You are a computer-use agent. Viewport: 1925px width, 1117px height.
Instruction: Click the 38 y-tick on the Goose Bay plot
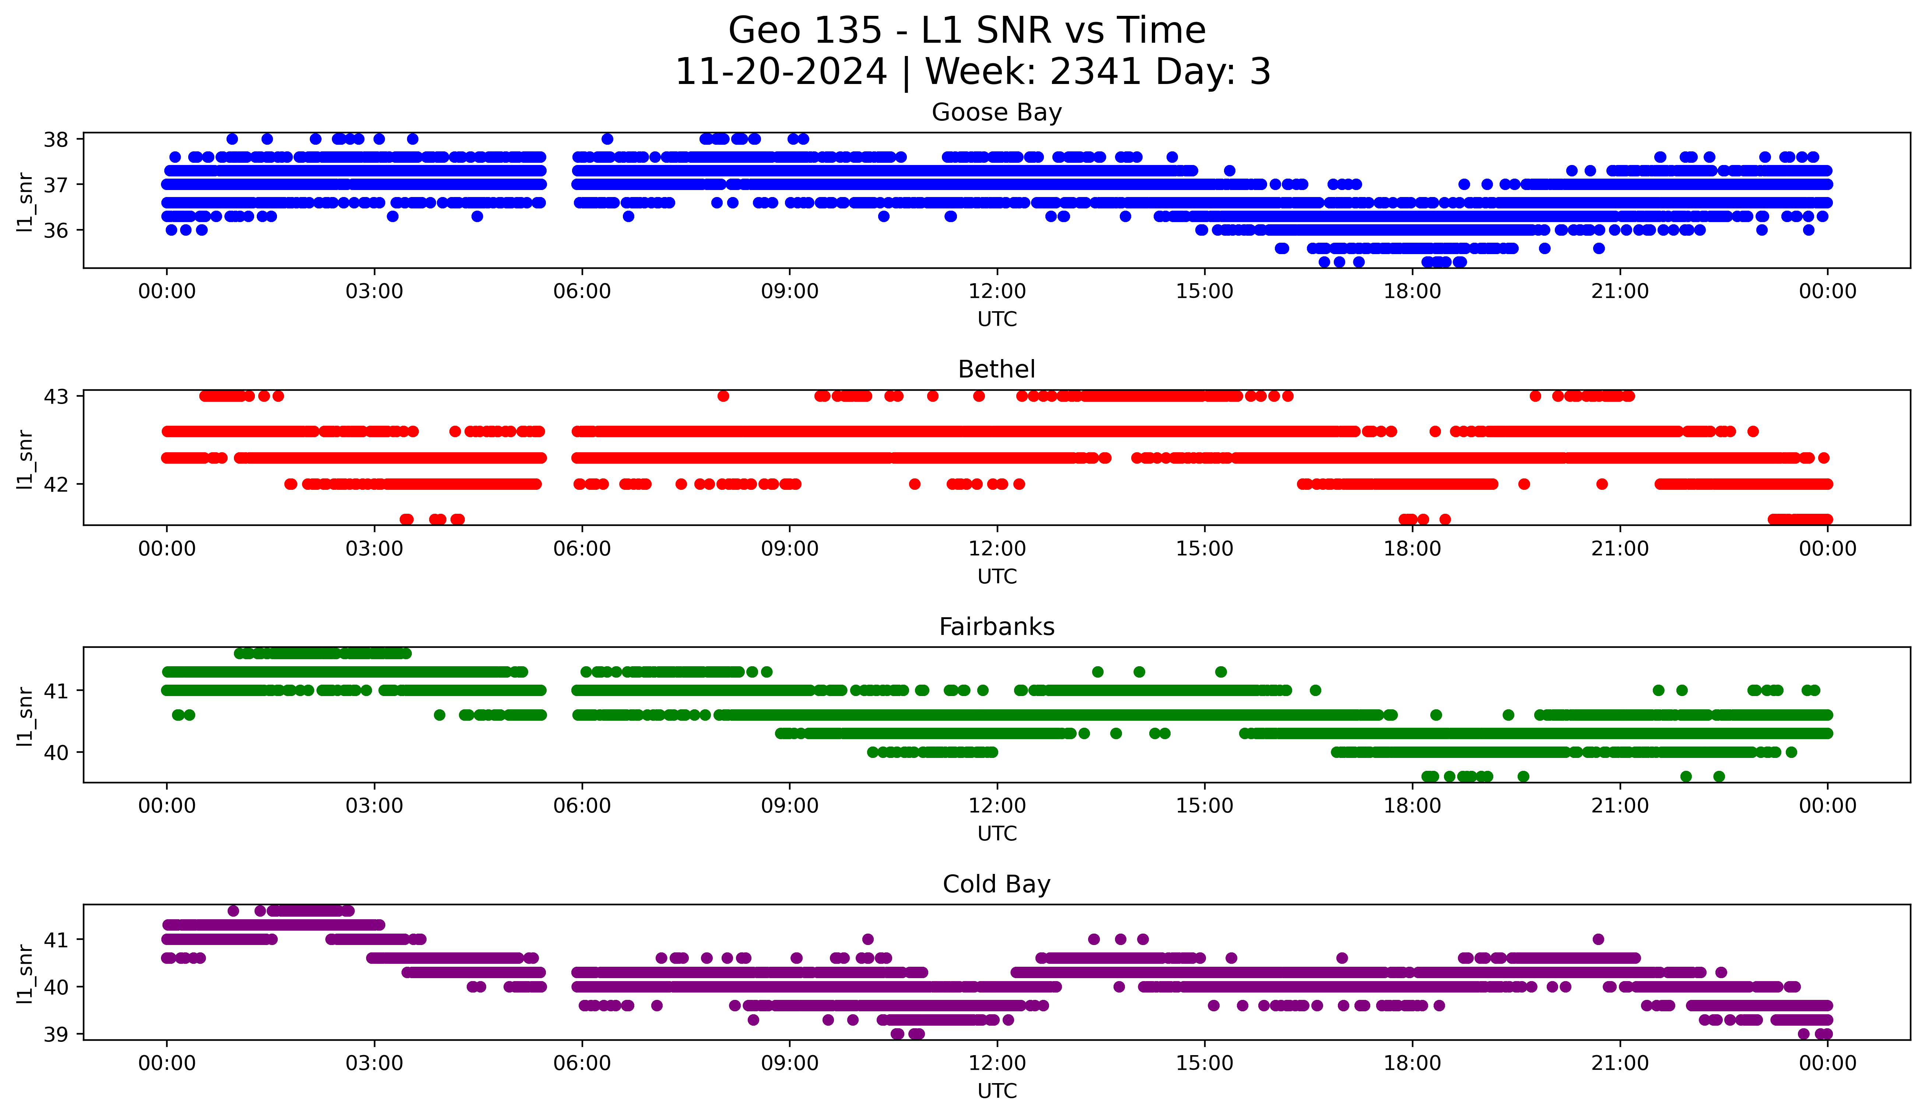tap(56, 139)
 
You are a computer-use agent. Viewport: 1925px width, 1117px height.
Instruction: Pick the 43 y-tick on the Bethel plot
tap(56, 396)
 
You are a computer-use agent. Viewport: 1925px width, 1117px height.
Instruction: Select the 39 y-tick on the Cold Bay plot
tap(56, 1035)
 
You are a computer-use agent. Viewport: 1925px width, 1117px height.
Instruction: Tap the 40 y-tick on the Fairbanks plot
tap(56, 752)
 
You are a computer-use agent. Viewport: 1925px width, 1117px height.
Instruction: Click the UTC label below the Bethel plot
tap(997, 576)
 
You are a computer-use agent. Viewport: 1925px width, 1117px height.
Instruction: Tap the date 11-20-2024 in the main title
tap(781, 72)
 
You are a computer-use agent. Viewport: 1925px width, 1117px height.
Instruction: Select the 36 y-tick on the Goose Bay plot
tap(56, 231)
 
